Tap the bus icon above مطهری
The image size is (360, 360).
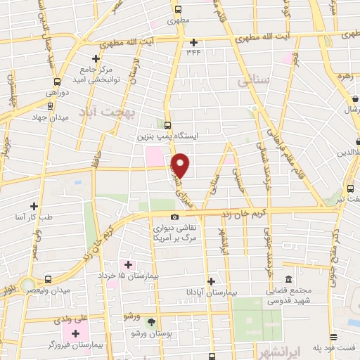[178, 10]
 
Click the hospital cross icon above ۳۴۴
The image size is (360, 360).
[194, 41]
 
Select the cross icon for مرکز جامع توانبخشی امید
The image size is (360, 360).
[96, 59]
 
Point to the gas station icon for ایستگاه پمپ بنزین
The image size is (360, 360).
[168, 124]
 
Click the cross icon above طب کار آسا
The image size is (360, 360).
[34, 206]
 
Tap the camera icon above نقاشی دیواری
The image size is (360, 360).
[174, 217]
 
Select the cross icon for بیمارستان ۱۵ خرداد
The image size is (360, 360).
[128, 264]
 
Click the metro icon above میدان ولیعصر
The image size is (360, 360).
[48, 279]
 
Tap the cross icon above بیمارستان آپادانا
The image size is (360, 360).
[210, 280]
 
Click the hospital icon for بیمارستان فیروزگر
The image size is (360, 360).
[76, 332]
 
